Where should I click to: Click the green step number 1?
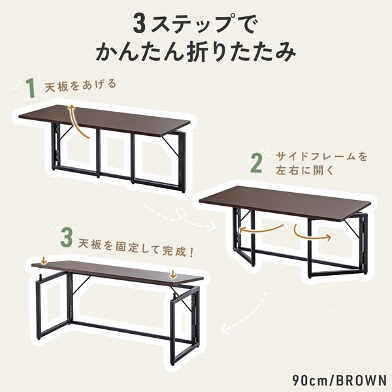31,88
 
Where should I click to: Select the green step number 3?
67,238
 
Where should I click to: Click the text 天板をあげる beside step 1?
81,86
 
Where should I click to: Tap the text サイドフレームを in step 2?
321,157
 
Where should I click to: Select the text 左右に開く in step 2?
305,171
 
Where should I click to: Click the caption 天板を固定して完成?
136,248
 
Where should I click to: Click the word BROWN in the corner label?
361,380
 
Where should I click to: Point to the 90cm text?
310,380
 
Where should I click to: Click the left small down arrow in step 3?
44,260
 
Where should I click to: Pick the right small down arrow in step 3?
172,274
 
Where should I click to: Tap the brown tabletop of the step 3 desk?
118,272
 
